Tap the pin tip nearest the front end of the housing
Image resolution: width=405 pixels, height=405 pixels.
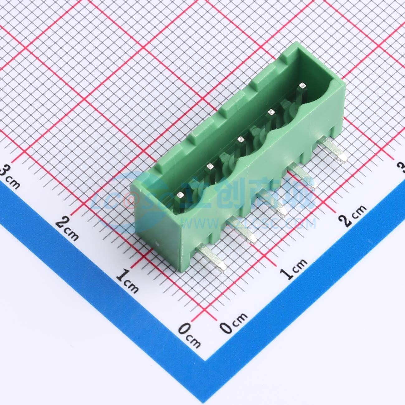pyautogui.click(x=180, y=195)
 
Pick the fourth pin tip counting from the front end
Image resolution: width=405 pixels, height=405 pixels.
pyautogui.click(x=271, y=112)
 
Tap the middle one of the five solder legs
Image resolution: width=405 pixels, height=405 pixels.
pyautogui.click(x=274, y=205)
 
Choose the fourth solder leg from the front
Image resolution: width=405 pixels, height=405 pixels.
pyautogui.click(x=304, y=178)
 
